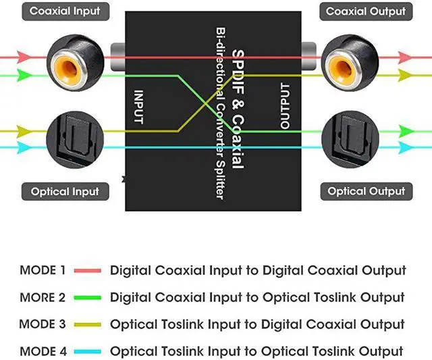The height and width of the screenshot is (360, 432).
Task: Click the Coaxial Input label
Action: pyautogui.click(x=65, y=11)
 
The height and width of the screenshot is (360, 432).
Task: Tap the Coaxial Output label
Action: pyautogui.click(x=366, y=11)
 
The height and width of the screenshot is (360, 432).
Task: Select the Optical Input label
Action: pyautogui.click(x=65, y=192)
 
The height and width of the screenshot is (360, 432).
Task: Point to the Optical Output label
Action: pyautogui.click(x=366, y=191)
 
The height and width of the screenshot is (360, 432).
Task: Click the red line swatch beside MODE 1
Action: pyautogui.click(x=88, y=271)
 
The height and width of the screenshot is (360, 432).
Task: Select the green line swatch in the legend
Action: pyautogui.click(x=88, y=298)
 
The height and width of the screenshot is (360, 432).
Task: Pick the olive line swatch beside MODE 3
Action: pyautogui.click(x=88, y=324)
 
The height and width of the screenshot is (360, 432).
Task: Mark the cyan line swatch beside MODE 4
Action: pyautogui.click(x=88, y=351)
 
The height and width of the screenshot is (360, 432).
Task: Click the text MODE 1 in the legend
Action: pyautogui.click(x=43, y=271)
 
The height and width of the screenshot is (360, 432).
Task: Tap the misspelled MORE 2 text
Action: pyautogui.click(x=43, y=298)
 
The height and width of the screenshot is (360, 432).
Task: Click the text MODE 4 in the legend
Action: pyautogui.click(x=43, y=351)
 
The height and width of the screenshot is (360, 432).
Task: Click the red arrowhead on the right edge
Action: pyautogui.click(x=406, y=57)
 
